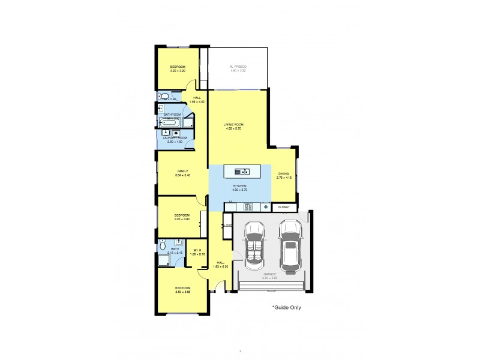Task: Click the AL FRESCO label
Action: [238, 66]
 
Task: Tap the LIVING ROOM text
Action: [233, 124]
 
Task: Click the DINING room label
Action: [283, 174]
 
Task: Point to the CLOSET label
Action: [284, 207]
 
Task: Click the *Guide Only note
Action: [286, 308]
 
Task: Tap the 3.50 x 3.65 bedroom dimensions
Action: [182, 292]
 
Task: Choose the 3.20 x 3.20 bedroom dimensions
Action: [177, 70]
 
